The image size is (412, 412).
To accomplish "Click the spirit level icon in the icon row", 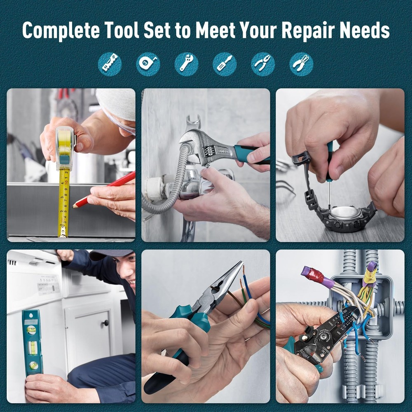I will coord(110,64).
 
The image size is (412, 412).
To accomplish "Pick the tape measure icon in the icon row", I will coord(148,64).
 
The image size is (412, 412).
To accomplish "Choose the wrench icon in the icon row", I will coord(186,64).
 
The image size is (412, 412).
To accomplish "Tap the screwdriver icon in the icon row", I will coord(225,64).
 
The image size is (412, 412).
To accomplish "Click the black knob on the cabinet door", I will coord(106,323).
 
